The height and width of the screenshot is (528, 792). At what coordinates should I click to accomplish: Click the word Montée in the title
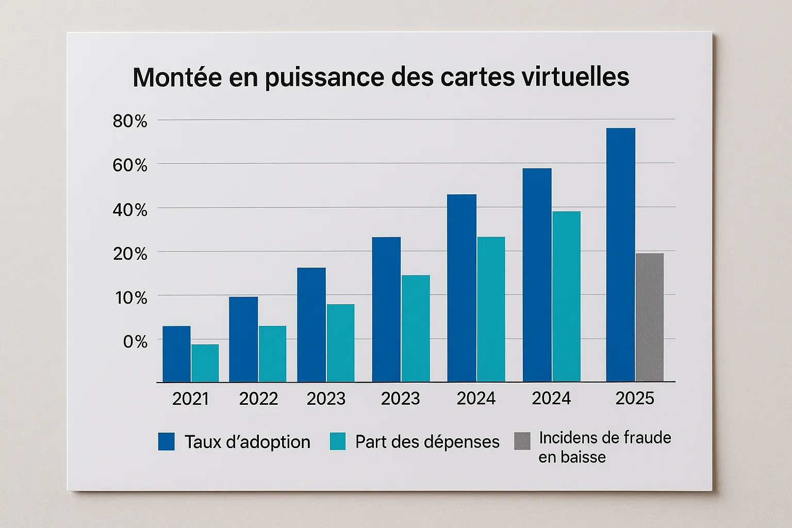[177, 77]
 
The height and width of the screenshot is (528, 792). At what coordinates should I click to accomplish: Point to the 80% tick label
[130, 121]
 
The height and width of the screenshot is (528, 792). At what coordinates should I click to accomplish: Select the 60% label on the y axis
[130, 166]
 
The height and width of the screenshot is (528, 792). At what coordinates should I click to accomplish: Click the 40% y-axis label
[130, 210]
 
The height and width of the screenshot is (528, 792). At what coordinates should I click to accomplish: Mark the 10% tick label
[131, 298]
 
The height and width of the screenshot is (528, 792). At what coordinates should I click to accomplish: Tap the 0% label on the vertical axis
[135, 341]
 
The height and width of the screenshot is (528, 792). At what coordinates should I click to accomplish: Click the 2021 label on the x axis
[190, 399]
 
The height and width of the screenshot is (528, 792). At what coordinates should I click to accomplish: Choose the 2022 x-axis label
[258, 399]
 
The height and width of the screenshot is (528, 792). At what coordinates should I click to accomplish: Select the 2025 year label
[635, 398]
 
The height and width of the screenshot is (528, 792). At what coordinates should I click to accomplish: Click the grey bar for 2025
[650, 317]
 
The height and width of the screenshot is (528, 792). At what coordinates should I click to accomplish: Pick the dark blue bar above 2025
[621, 255]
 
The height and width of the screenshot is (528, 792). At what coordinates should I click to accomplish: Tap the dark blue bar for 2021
[176, 354]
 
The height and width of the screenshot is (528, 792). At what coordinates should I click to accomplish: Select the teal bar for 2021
[205, 363]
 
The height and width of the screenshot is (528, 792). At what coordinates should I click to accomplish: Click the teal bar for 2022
[272, 354]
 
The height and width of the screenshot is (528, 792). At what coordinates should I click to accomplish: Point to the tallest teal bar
[566, 296]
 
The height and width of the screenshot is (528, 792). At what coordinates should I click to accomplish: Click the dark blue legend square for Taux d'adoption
[167, 441]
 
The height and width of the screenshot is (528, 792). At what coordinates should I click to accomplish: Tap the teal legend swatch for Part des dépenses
[338, 441]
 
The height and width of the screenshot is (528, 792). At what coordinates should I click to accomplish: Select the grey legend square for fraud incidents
[522, 441]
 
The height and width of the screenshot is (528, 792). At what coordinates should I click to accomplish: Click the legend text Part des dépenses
[427, 442]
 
